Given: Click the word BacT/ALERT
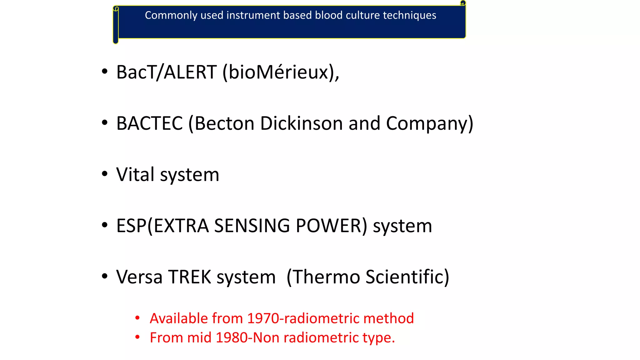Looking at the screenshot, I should click(x=166, y=72).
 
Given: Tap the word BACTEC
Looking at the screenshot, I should click(x=149, y=123).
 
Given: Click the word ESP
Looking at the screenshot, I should click(x=131, y=226).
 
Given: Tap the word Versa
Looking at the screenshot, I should click(x=139, y=277).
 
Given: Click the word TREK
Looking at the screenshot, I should click(x=190, y=277).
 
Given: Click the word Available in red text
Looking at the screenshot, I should click(x=179, y=318).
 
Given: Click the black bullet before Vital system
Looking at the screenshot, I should click(x=105, y=174).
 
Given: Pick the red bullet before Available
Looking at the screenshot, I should click(x=137, y=318).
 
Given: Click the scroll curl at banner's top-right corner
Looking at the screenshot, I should click(x=463, y=3).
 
